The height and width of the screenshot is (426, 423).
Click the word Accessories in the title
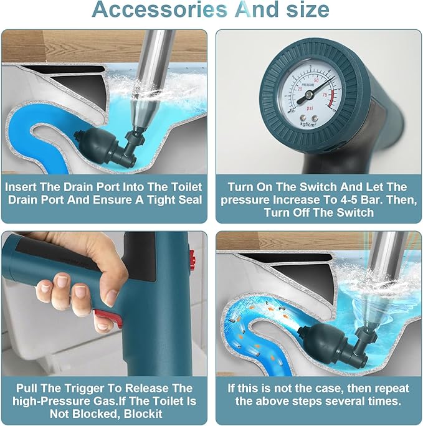click(x=159, y=9)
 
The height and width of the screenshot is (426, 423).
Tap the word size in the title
click(x=308, y=9)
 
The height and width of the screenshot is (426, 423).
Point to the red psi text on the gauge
click(x=310, y=108)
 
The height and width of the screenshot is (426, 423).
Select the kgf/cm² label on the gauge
click(x=308, y=125)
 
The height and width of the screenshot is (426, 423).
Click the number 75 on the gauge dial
click(x=325, y=95)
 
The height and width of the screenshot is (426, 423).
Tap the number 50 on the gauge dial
click(x=316, y=81)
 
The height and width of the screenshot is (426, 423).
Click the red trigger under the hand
click(x=108, y=316)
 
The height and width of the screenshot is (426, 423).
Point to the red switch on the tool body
click(x=192, y=260)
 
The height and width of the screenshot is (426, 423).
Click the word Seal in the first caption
click(x=191, y=200)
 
